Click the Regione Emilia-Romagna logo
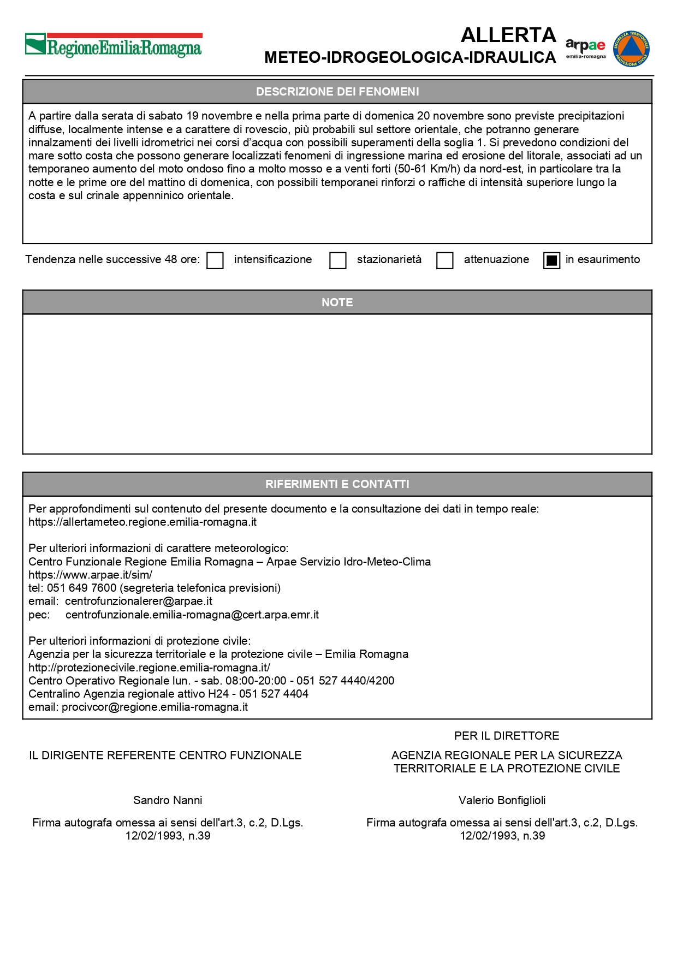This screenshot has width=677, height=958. tap(114, 46)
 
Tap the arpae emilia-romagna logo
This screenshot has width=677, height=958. tap(585, 48)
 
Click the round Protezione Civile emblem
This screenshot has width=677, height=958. tap(631, 49)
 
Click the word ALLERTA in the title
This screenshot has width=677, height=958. tap(508, 35)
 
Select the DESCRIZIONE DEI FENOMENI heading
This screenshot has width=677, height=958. tap(337, 92)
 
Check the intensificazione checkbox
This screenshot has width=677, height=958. tap(215, 260)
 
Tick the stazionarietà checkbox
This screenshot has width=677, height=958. tap(338, 260)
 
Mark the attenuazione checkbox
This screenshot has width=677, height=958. tap(445, 260)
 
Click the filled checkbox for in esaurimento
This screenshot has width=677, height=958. tap(551, 260)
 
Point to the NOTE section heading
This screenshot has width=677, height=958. tap(337, 302)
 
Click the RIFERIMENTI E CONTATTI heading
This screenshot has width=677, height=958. tap(337, 484)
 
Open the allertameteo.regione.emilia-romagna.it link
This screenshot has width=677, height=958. tap(142, 522)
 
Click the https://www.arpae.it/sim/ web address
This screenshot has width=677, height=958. tap(90, 575)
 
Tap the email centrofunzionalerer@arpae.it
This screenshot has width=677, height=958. tap(139, 601)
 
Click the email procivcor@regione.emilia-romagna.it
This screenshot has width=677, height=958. tap(155, 707)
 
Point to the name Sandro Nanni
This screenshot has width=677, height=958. tap(168, 800)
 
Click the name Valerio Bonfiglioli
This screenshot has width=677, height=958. tap(502, 800)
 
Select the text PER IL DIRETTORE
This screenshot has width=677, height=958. tap(507, 736)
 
